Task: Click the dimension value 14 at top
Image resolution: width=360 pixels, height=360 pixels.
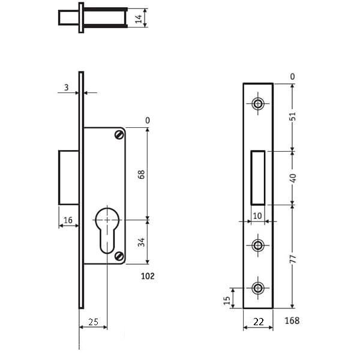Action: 139,19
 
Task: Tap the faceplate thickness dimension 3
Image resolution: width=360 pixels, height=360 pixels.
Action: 67,88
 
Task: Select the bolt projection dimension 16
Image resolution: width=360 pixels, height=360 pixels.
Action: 68,220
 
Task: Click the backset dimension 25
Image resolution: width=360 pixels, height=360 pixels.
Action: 94,322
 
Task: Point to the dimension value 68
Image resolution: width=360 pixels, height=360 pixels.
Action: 142,174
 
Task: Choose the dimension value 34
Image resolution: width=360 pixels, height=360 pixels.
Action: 142,242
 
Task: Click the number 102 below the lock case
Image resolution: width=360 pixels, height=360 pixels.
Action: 148,276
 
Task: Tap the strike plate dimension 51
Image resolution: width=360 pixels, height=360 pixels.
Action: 293,116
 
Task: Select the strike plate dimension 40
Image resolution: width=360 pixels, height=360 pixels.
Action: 293,178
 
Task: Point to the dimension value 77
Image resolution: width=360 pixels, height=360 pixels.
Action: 293,259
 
